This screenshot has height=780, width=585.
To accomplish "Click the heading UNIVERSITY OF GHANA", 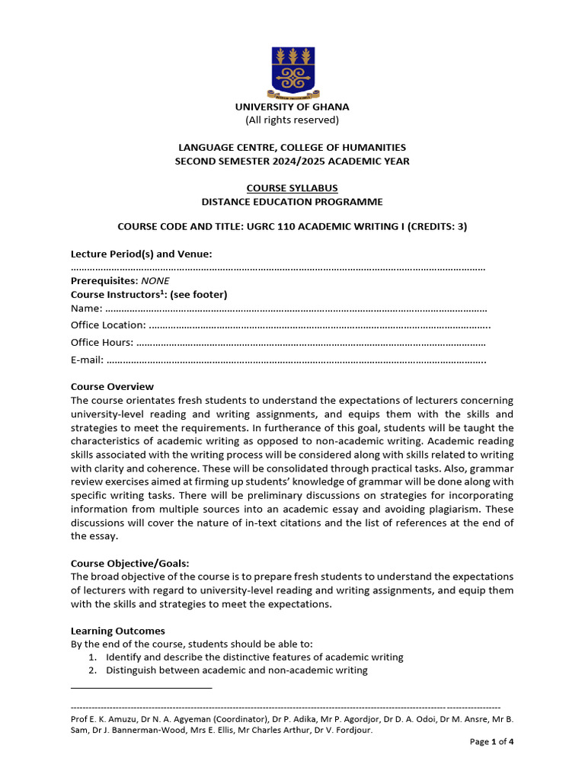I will tap(292, 107).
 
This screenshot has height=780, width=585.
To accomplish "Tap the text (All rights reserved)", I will tap(292, 120).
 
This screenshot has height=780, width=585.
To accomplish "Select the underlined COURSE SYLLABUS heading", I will tap(292, 188).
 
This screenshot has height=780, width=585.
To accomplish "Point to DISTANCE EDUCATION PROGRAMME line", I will tap(292, 202).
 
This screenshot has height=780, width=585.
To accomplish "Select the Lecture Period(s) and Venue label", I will tap(141, 254).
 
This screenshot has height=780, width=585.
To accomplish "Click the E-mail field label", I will tap(87, 360).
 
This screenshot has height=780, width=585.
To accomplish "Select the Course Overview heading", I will tap(112, 387).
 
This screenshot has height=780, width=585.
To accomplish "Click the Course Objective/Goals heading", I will tap(129, 564).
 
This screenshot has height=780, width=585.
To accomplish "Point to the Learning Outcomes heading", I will tap(117, 631).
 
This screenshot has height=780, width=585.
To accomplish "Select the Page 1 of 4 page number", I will tap(491, 742).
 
